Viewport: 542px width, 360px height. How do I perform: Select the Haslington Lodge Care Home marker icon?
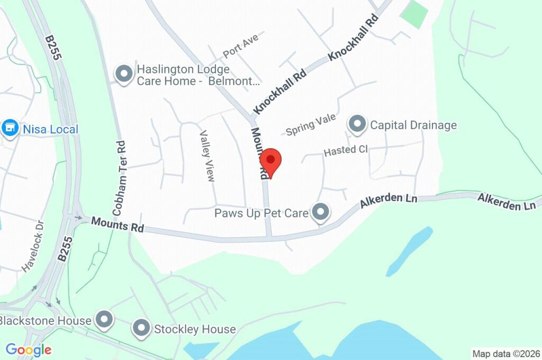point(124,75)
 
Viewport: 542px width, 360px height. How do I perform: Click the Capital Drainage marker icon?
point(357,125)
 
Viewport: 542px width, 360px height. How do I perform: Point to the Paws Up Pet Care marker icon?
point(320,213)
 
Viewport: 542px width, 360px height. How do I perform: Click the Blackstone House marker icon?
point(104,319)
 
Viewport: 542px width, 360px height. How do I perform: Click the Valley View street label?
point(207,156)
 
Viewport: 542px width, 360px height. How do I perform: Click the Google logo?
point(29,349)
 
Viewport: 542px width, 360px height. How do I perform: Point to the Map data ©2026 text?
point(506,353)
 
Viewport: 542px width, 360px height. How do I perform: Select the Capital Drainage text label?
point(413,125)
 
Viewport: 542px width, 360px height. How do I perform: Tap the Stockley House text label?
point(194,329)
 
